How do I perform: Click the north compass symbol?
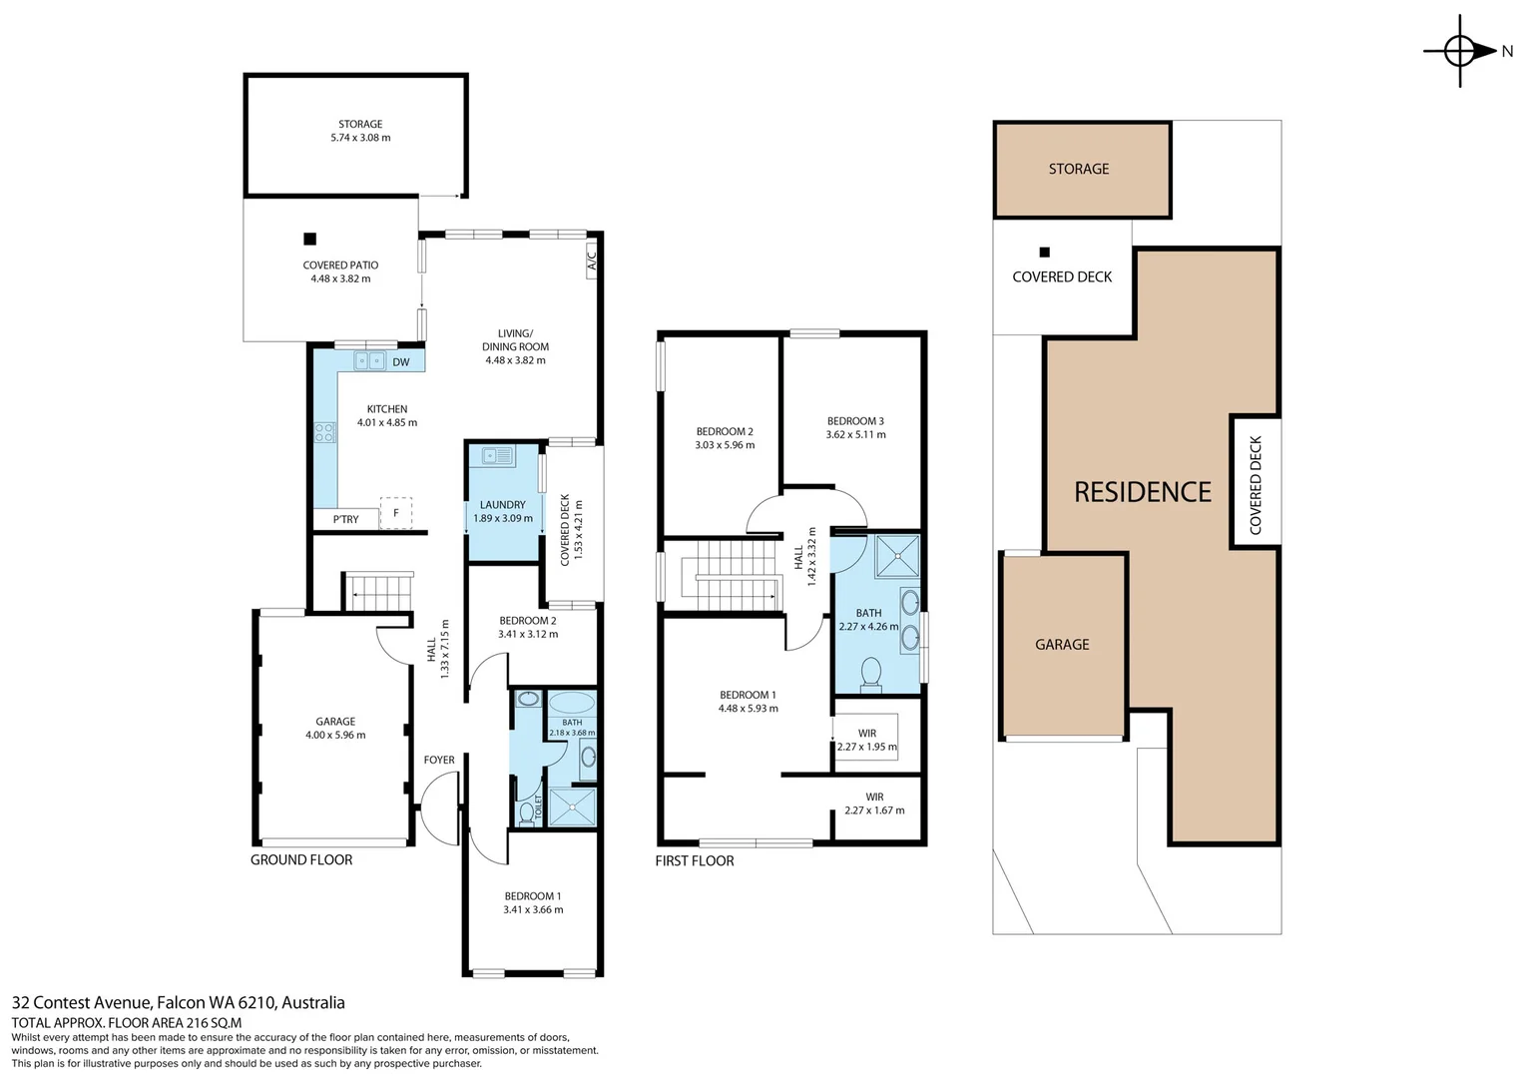tap(1462, 51)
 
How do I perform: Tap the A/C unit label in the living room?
tap(592, 261)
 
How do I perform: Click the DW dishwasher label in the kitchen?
tap(401, 362)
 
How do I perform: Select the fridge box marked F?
tap(395, 513)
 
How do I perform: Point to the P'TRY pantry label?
tap(346, 520)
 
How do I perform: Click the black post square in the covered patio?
tap(309, 239)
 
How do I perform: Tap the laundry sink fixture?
tap(498, 455)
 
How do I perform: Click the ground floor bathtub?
tap(572, 702)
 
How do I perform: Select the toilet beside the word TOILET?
tap(526, 812)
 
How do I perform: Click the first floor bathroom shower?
tap(897, 556)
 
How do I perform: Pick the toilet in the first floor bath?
tap(870, 674)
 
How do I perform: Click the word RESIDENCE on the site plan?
tap(1143, 492)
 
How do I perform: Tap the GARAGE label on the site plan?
tap(1062, 644)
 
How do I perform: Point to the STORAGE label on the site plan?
tap(1079, 169)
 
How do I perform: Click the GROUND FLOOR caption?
tap(301, 860)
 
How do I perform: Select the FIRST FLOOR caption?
tap(695, 860)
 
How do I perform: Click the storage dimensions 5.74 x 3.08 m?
tap(361, 138)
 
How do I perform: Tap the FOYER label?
tap(439, 760)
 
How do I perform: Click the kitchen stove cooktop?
tap(324, 432)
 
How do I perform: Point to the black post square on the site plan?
tap(1044, 252)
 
